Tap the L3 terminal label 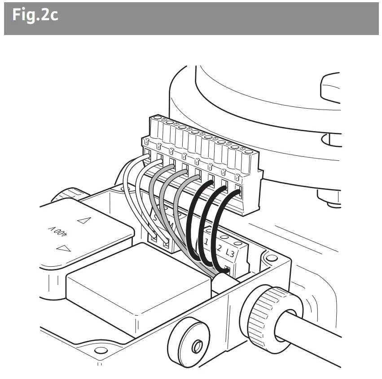pos(230,253)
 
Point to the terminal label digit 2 pos(219,248)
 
